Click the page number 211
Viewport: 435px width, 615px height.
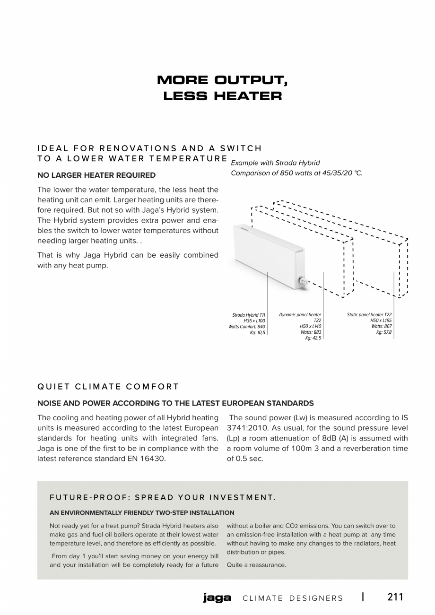point(395,597)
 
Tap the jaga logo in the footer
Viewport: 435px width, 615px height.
point(217,598)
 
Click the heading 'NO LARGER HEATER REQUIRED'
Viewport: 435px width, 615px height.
point(96,175)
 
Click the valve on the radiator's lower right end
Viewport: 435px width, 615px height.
point(302,282)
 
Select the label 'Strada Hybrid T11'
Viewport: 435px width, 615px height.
point(249,315)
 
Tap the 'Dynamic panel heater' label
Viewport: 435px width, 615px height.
point(300,315)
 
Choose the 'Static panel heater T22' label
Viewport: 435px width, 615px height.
point(369,315)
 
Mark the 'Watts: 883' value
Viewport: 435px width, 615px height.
point(311,332)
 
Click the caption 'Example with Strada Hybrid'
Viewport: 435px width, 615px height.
point(275,163)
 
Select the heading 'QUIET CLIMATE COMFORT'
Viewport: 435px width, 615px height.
point(108,387)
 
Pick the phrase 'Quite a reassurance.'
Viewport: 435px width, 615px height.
point(256,565)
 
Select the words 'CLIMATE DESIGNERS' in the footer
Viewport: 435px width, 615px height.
point(293,598)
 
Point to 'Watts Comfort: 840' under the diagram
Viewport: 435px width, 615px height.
point(246,327)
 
